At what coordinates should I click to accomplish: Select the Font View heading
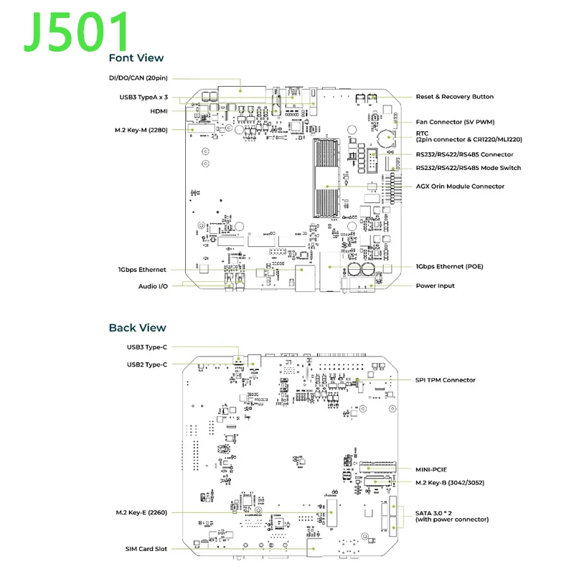point(136,58)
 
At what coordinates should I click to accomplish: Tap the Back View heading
point(137,328)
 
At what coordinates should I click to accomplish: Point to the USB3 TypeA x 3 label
point(143,97)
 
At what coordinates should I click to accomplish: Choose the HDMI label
point(159,111)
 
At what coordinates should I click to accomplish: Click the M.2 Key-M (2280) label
point(141,130)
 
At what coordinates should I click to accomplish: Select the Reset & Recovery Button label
point(455,97)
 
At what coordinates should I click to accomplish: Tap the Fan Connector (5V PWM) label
point(455,122)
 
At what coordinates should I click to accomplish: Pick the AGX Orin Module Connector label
point(460,187)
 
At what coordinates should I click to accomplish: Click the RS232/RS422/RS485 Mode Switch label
point(469,168)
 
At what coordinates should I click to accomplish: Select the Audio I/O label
point(152,286)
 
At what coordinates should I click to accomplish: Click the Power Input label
point(436,286)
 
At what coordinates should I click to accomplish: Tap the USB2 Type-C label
point(147,364)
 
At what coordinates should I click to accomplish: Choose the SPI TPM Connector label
point(446,380)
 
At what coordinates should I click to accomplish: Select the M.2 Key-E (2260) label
point(141,513)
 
